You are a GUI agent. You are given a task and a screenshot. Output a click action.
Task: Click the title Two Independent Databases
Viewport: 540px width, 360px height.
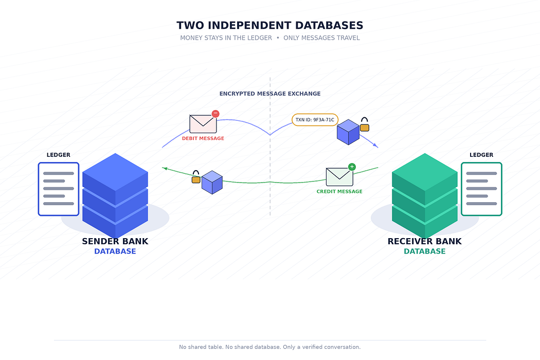click(269, 25)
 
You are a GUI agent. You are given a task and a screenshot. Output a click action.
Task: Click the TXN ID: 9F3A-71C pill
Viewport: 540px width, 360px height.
click(315, 120)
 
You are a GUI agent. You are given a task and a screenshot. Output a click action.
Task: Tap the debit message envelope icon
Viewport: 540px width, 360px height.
click(203, 124)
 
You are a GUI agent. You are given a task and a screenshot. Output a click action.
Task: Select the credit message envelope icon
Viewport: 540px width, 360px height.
click(339, 177)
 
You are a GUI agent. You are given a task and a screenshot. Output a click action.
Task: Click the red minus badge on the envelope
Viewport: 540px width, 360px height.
click(215, 114)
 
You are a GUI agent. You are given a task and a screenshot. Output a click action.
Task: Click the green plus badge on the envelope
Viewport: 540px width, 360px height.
click(352, 167)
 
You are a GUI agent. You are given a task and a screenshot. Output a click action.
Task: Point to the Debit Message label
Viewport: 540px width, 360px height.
click(203, 138)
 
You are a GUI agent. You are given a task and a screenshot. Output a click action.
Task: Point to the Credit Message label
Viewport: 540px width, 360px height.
click(339, 191)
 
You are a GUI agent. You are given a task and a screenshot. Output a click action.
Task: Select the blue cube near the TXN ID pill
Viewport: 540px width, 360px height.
click(348, 132)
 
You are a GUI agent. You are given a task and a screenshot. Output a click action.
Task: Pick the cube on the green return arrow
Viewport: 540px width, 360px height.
click(212, 182)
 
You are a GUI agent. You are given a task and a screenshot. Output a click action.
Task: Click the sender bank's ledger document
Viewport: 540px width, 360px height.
click(59, 189)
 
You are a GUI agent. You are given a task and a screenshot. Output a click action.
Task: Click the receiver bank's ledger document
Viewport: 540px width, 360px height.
click(481, 189)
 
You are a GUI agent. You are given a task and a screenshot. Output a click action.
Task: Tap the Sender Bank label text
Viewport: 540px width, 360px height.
click(115, 242)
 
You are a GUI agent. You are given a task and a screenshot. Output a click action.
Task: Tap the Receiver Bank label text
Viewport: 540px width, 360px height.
click(425, 242)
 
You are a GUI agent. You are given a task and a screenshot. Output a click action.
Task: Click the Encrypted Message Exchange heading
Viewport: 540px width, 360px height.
click(270, 94)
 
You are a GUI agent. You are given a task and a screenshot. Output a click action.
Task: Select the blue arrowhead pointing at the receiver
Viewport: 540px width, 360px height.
click(376, 146)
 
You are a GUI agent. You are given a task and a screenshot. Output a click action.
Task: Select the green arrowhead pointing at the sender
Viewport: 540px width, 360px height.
click(165, 169)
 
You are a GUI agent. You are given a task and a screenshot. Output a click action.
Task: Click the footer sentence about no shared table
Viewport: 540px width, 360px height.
click(269, 347)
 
